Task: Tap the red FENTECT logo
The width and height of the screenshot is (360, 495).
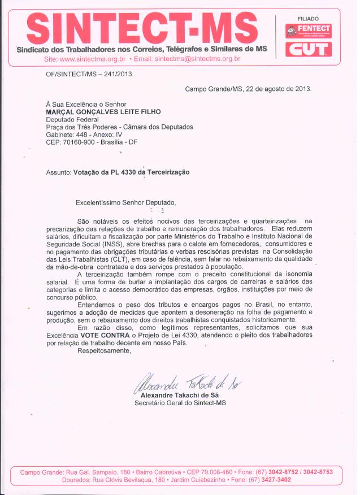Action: point(309,30)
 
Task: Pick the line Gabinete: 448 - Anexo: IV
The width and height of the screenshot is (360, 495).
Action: point(84,135)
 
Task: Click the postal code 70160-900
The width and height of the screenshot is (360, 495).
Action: point(80,143)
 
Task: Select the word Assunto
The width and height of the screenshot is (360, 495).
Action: point(58,172)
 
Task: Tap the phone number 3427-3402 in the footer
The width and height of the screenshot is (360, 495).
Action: point(276,479)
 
